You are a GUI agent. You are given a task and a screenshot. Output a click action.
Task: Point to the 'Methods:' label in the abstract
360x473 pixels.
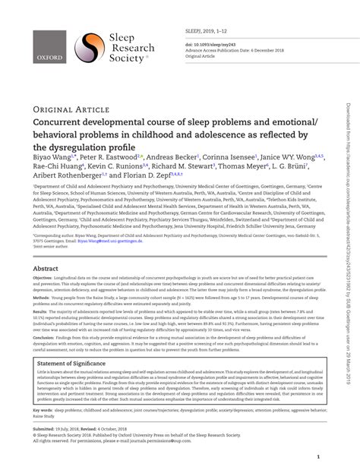point(41,299)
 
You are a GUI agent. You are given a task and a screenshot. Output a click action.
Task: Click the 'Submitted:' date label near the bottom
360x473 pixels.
point(43,430)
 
